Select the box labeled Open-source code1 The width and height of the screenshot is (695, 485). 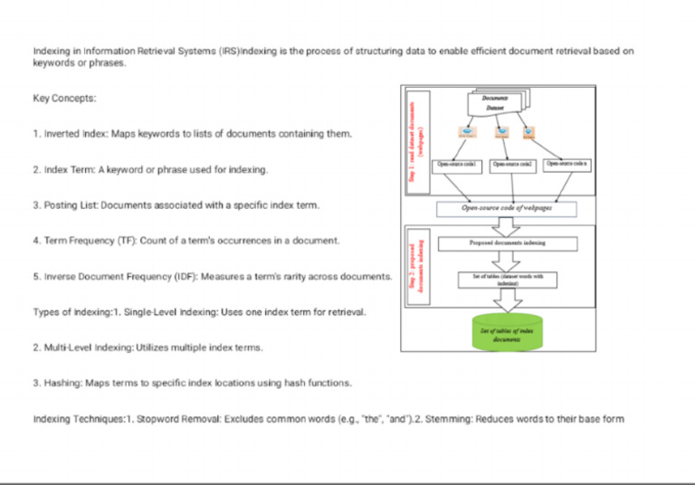pyautogui.click(x=460, y=165)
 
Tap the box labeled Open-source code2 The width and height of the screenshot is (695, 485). pyautogui.click(x=513, y=165)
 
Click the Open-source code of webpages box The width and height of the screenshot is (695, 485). pyautogui.click(x=513, y=209)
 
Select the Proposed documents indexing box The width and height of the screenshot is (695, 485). pyautogui.click(x=513, y=243)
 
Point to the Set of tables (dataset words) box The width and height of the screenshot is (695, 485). pyautogui.click(x=513, y=279)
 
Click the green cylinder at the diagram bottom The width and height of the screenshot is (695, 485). pyautogui.click(x=507, y=332)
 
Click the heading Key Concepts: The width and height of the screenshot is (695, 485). pyautogui.click(x=64, y=98)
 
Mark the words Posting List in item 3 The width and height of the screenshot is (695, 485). pyautogui.click(x=71, y=205)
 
